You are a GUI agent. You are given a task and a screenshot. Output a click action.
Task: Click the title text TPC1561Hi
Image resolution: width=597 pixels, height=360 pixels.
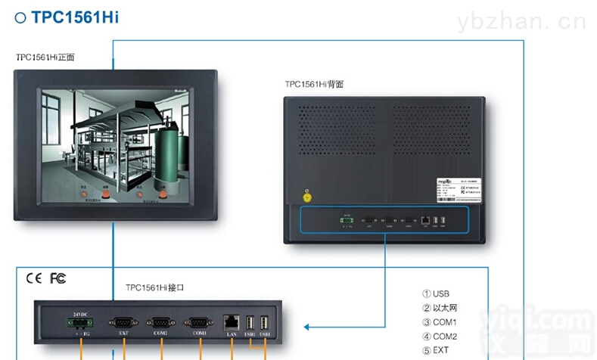point(74,17)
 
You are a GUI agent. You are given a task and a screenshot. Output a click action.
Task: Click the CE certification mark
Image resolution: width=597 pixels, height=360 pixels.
point(34,278)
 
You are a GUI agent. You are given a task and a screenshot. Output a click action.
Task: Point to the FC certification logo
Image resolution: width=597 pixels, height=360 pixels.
point(58,278)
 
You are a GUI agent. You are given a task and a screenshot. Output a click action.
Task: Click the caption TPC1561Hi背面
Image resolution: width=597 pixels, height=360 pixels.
point(314,84)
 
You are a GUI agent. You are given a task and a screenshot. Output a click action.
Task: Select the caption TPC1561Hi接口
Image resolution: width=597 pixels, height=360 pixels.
point(155,288)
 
